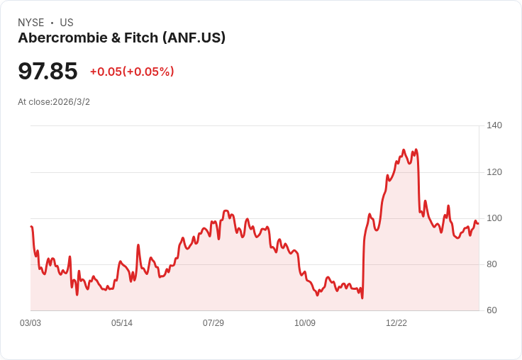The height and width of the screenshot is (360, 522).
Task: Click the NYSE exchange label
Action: [30, 23]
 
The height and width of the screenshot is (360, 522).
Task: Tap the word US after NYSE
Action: [67, 23]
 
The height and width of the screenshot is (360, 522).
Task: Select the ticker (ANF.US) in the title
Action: [194, 38]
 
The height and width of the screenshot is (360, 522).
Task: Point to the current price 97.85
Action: [48, 72]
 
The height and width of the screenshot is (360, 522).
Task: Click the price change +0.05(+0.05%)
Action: [132, 72]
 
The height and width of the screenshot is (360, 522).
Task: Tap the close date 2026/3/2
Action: [71, 102]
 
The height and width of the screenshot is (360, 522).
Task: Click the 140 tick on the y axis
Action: [494, 125]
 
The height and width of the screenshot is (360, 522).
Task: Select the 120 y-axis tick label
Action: [494, 171]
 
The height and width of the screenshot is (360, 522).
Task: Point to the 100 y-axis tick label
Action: [494, 218]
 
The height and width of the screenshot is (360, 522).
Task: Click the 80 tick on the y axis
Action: [492, 264]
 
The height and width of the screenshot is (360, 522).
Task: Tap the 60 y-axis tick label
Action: [492, 310]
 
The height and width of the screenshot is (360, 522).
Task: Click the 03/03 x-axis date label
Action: [30, 323]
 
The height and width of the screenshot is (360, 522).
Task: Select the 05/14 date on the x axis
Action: [122, 323]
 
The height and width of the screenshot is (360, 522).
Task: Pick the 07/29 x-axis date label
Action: [213, 323]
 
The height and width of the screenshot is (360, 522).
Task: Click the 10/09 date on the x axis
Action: [305, 323]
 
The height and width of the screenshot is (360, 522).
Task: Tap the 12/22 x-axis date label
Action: [396, 323]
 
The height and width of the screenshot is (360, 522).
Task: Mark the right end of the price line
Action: [478, 223]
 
